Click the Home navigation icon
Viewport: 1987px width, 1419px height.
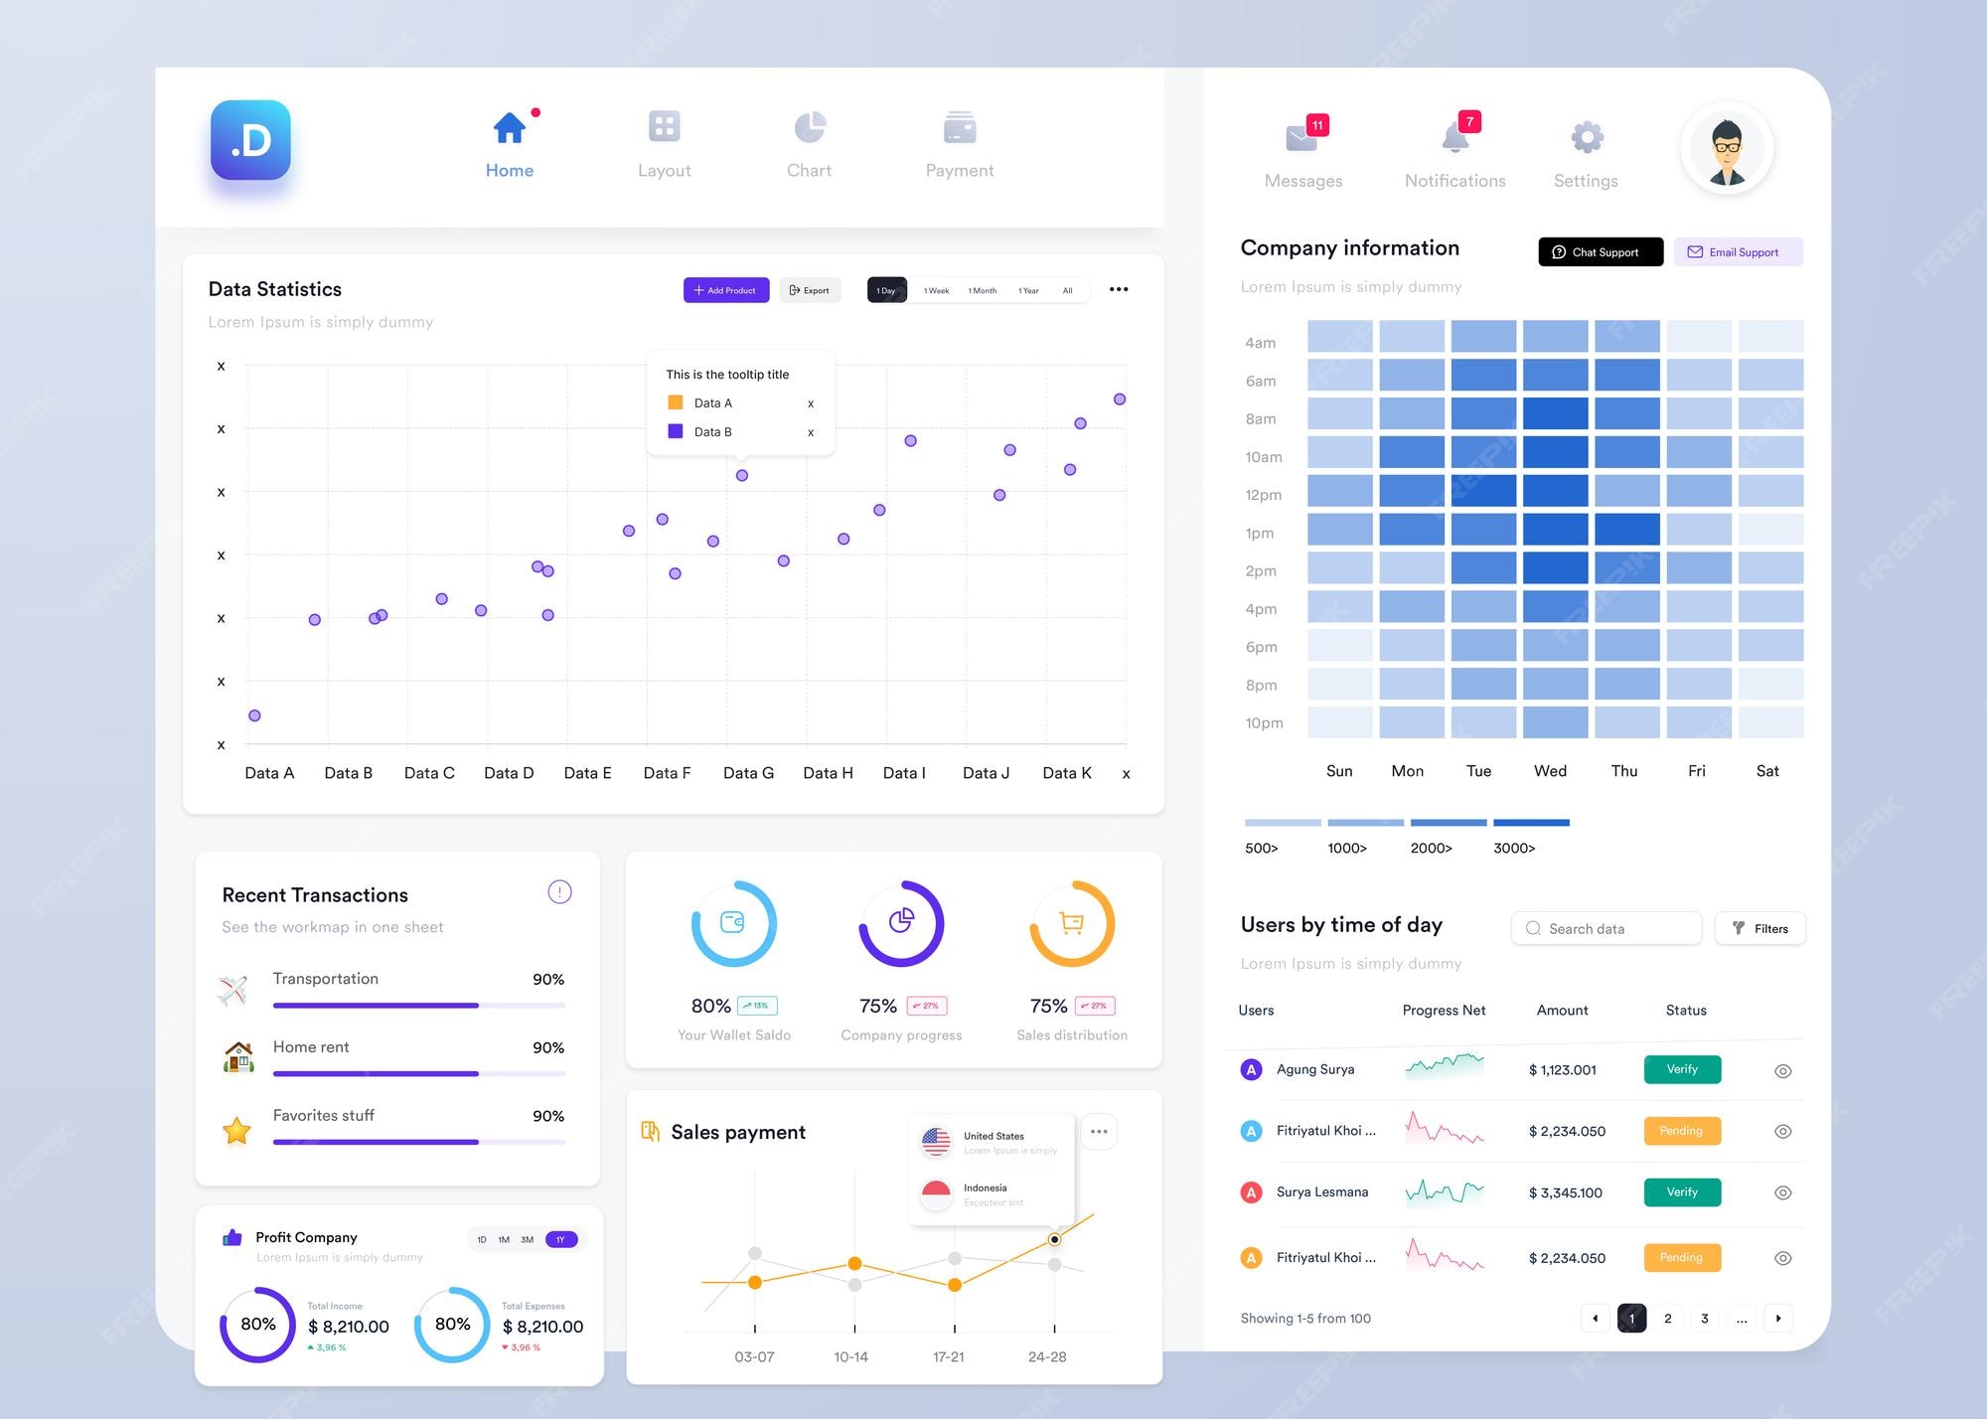pos(510,128)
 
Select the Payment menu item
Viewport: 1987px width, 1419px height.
pos(959,144)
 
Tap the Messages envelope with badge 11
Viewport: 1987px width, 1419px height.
pos(1301,137)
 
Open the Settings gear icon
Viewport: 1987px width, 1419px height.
pos(1587,137)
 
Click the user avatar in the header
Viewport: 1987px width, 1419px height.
pos(1727,148)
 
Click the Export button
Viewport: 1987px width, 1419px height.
pos(810,290)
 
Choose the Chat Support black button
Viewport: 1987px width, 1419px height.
pos(1601,252)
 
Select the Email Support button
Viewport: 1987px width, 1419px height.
pos(1738,252)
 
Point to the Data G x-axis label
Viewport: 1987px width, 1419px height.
pos(748,773)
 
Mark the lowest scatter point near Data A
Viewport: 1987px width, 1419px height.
pos(254,715)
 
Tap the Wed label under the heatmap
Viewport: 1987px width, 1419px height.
pos(1550,771)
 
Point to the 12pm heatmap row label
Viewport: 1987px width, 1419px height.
pos(1263,495)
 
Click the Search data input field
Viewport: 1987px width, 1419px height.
pos(1606,928)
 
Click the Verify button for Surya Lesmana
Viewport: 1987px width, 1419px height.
pos(1682,1192)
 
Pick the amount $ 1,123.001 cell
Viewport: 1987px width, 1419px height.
pos(1562,1070)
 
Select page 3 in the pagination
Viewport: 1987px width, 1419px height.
pos(1705,1319)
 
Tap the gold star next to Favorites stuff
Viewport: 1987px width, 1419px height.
pos(236,1131)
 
